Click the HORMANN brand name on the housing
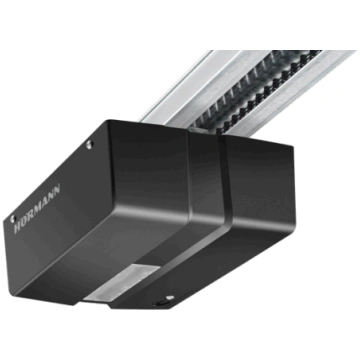click(37, 208)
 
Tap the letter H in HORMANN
click(17, 228)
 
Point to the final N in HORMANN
click(57, 189)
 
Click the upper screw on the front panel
click(89, 144)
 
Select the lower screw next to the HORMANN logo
click(13, 219)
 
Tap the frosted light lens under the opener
click(122, 283)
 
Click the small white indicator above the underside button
click(170, 297)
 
